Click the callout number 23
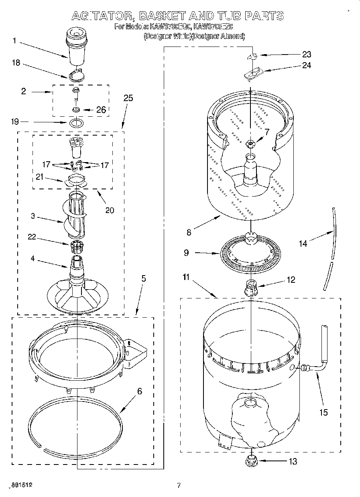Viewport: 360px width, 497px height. [x=306, y=55]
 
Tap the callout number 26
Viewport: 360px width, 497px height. [x=101, y=110]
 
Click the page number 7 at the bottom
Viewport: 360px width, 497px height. [x=179, y=485]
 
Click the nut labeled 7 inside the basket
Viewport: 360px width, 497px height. [x=250, y=143]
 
